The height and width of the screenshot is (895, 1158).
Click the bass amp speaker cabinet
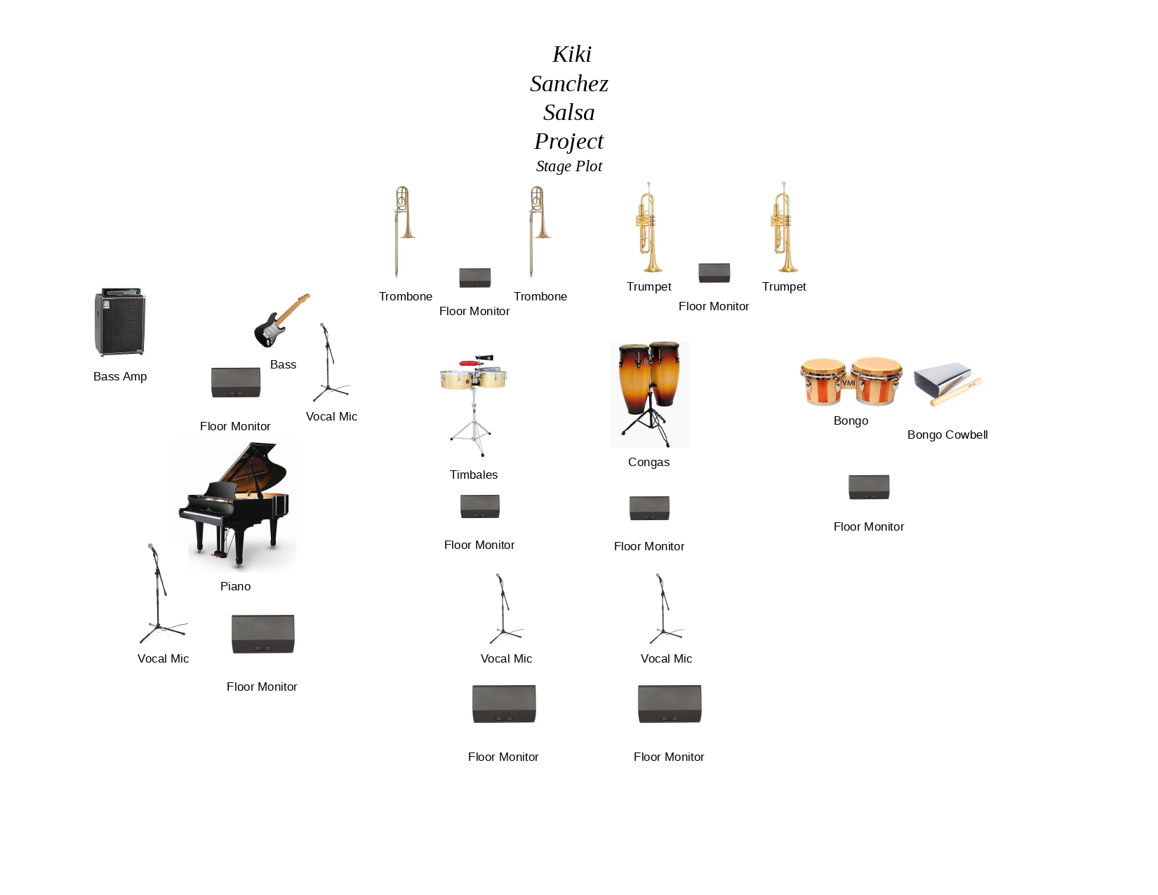[x=120, y=322]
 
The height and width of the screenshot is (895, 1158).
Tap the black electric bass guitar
[x=281, y=321]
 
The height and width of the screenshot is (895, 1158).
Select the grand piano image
[x=236, y=506]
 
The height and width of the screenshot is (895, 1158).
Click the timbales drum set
[x=474, y=405]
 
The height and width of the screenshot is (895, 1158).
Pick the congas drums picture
[x=649, y=394]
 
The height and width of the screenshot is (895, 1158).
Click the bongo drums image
[x=851, y=382]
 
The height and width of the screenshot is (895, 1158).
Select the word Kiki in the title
[x=572, y=54]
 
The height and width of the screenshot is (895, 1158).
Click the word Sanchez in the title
[x=569, y=84]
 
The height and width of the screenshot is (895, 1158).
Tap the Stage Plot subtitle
[x=569, y=166]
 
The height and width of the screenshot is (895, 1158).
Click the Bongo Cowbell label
[x=947, y=435]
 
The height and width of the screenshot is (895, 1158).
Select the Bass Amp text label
[x=120, y=376]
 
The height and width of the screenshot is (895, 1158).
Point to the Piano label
[x=236, y=586]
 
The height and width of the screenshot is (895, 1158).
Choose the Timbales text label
[x=474, y=475]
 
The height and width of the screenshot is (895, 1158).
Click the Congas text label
[x=649, y=462]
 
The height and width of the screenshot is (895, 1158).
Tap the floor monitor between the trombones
[x=475, y=278]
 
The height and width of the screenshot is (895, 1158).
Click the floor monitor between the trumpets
[x=714, y=272]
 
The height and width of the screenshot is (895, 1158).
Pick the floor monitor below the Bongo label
[x=869, y=487]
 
